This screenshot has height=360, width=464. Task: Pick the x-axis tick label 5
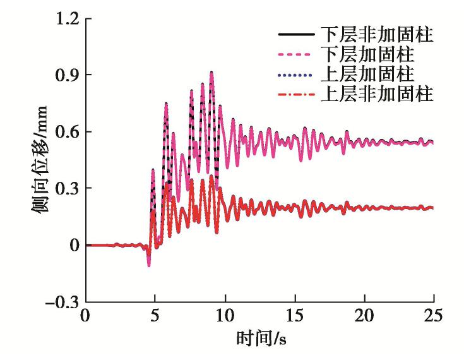[x=155, y=315]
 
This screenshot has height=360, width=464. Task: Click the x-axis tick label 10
[x=225, y=315]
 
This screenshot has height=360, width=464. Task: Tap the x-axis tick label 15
[x=294, y=315]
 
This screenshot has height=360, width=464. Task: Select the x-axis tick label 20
[x=364, y=315]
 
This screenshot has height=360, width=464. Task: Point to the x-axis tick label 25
[x=433, y=315]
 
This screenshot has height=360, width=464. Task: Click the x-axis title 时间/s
[x=259, y=338]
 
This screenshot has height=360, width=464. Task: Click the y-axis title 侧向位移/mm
[x=44, y=161]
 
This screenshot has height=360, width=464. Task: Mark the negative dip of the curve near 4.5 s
[x=149, y=265]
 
